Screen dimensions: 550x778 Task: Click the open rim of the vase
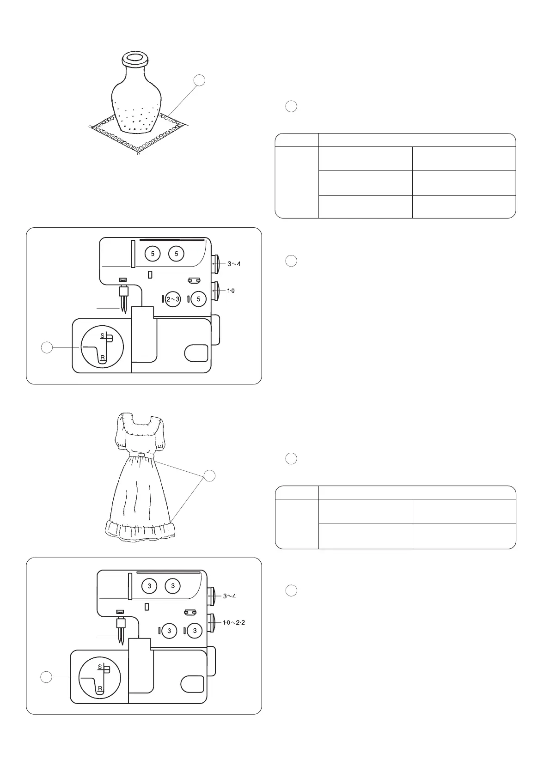click(134, 59)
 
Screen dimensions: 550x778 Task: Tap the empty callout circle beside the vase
click(199, 80)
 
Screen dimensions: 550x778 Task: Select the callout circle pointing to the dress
click(210, 475)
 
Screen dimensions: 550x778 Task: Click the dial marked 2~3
click(173, 299)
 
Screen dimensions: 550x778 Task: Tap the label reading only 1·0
click(231, 291)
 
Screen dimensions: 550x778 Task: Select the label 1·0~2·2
click(234, 622)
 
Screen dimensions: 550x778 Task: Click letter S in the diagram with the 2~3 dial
click(102, 335)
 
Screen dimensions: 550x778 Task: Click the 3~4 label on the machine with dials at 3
click(230, 596)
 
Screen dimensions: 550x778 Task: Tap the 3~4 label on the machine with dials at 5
click(234, 264)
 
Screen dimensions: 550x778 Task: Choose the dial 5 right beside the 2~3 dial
click(198, 299)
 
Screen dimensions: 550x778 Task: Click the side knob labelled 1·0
click(215, 291)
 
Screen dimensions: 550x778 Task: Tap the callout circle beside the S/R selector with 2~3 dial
click(47, 347)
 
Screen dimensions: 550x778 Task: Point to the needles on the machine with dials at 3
click(121, 637)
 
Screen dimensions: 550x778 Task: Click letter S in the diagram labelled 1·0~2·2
click(100, 667)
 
